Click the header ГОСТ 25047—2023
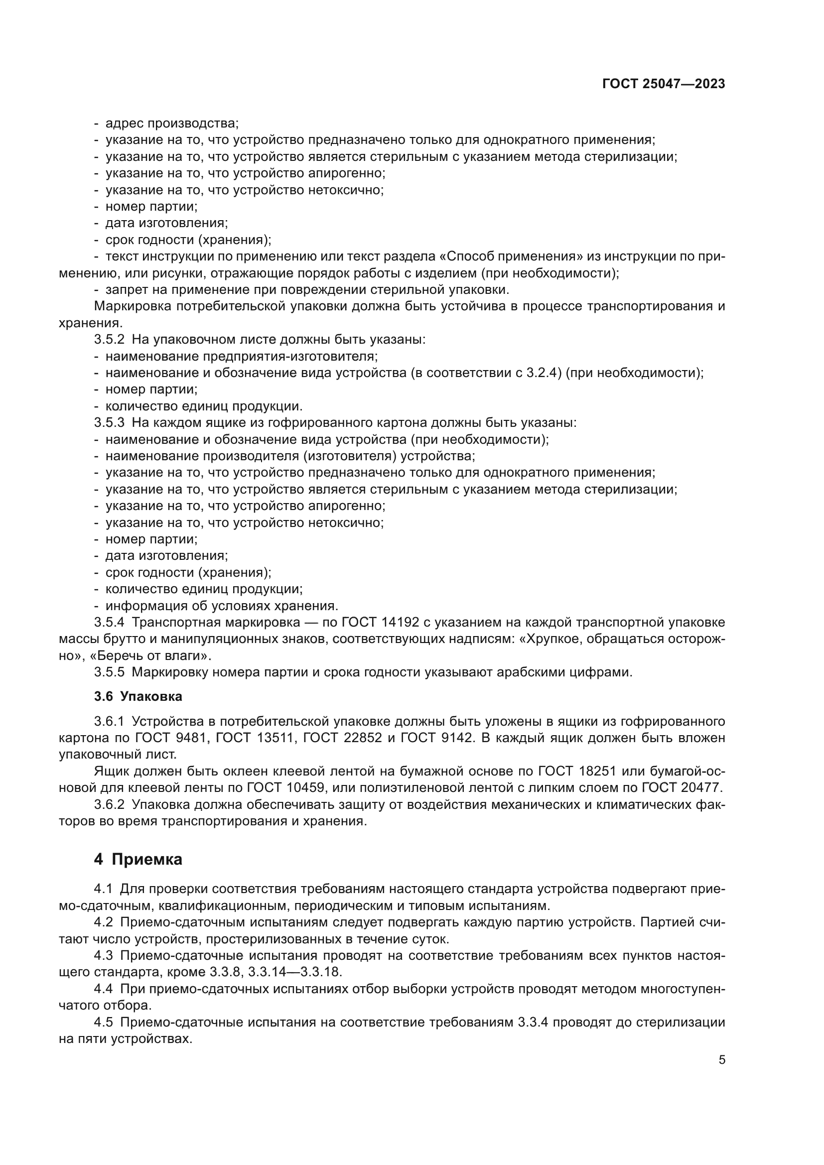click(x=663, y=84)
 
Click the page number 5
click(x=721, y=1059)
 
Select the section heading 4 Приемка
click(x=138, y=860)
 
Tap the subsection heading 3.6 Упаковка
click(x=138, y=696)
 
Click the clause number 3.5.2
click(x=109, y=340)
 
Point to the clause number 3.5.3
click(x=109, y=423)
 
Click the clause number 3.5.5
click(x=109, y=672)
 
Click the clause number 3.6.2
click(x=109, y=805)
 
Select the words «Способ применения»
click(x=513, y=256)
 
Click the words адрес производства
click(x=171, y=124)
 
